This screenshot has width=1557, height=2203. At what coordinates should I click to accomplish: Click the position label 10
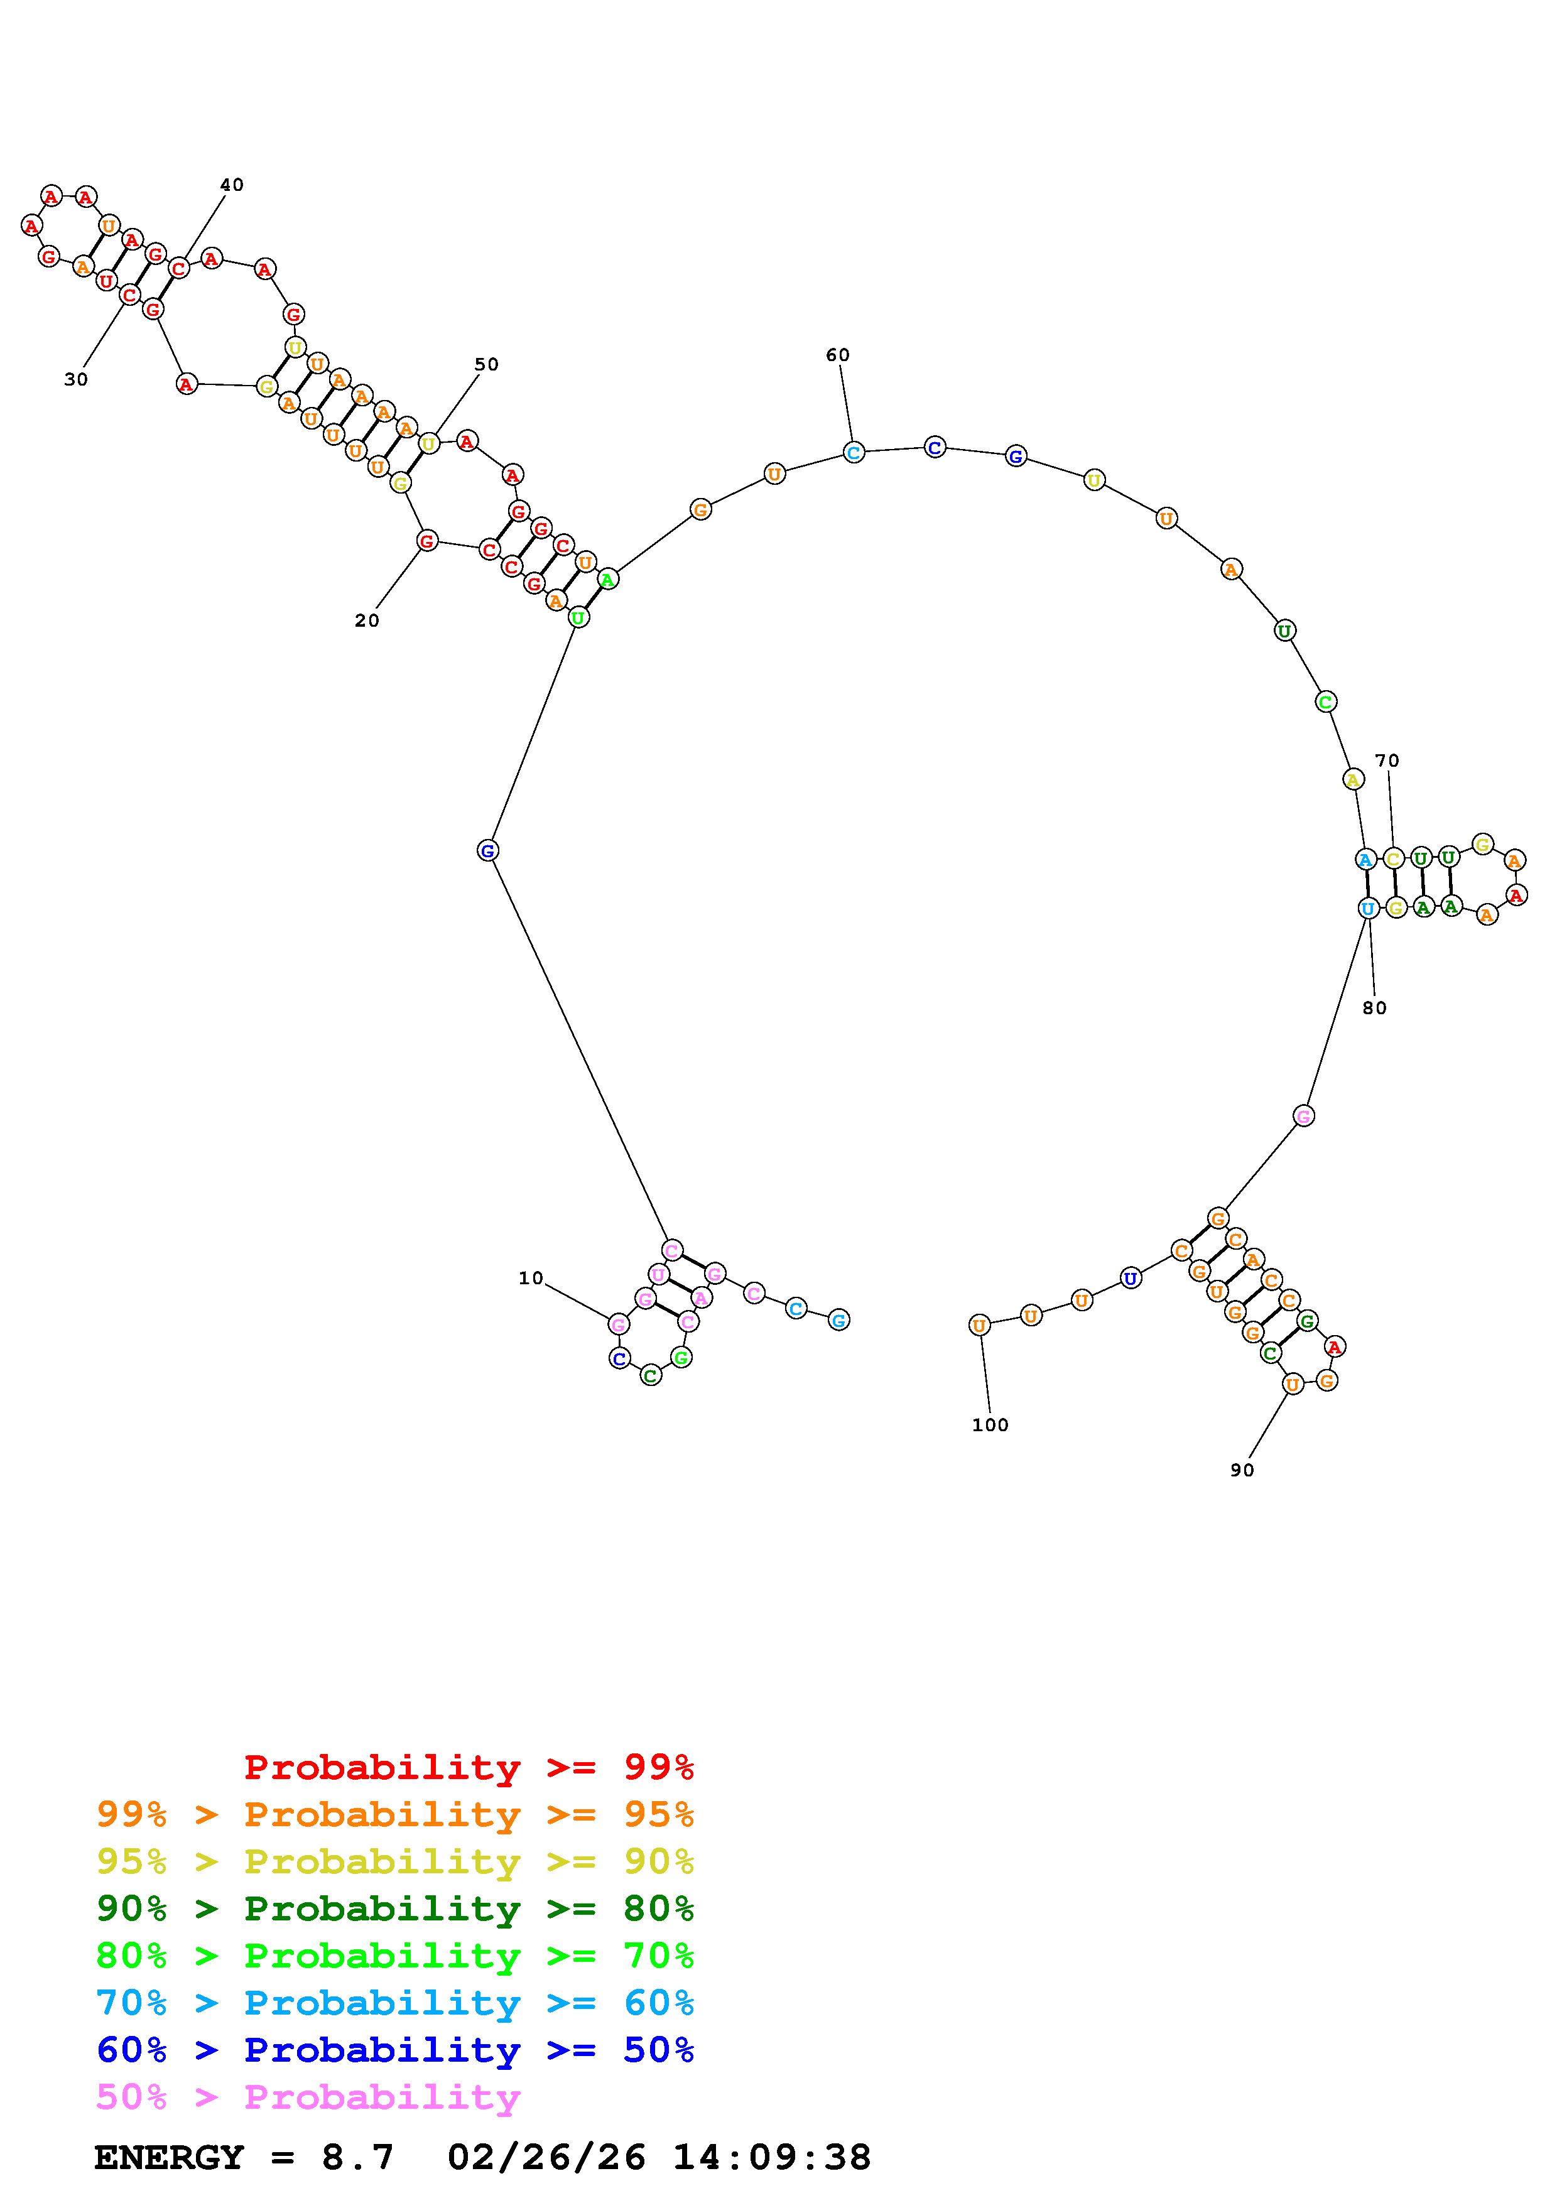click(531, 1278)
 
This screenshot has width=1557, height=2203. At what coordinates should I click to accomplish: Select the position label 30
click(76, 380)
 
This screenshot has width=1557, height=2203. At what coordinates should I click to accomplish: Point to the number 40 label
click(232, 185)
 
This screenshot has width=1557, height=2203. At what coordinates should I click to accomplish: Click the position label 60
click(837, 355)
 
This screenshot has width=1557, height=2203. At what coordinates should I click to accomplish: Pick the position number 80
click(1375, 1009)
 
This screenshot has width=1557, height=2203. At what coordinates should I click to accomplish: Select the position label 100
click(990, 1425)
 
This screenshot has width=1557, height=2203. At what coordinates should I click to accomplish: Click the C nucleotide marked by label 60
click(853, 452)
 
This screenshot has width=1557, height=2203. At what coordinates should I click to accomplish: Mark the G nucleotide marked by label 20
click(427, 541)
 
